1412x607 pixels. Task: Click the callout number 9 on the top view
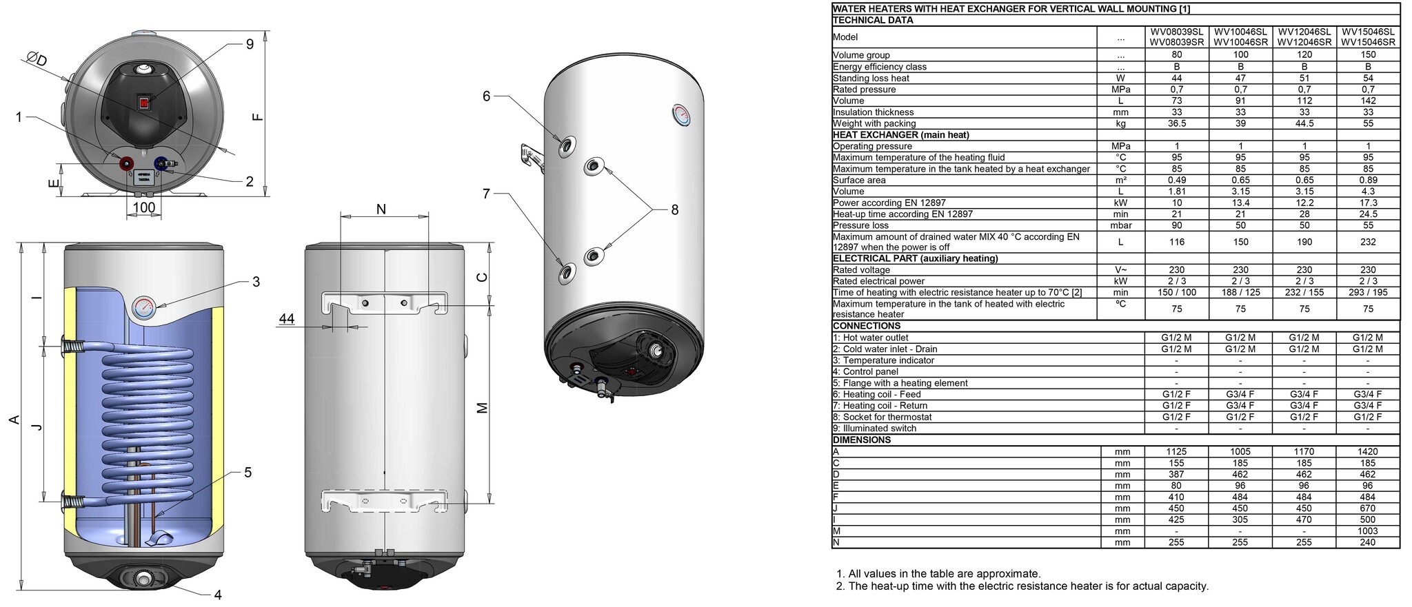pos(250,44)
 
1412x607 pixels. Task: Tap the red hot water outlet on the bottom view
pos(127,164)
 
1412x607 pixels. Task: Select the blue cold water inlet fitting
pos(161,164)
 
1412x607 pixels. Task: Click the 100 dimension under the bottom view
pos(143,207)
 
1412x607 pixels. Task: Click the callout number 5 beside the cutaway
pos(248,473)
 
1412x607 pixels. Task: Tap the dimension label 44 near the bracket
pos(286,318)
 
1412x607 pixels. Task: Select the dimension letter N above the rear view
pos(381,209)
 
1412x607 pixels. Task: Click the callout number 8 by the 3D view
pos(674,209)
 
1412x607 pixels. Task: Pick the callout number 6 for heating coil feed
pos(486,96)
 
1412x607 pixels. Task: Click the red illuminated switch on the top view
pos(145,103)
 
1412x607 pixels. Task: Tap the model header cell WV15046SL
pos(1368,32)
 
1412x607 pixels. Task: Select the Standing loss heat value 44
pos(1176,78)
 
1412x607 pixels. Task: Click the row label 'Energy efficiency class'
pos(879,67)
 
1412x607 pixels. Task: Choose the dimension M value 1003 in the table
pos(1368,531)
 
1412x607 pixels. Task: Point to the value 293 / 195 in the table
pos(1368,292)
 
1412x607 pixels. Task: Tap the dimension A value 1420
pos(1368,452)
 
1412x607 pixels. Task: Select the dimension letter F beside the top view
pos(258,116)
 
